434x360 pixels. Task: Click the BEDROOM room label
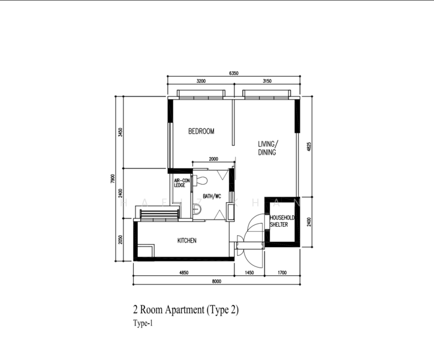201,131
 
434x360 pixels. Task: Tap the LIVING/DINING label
267,148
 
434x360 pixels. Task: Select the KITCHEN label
186,241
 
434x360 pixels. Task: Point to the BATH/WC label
212,196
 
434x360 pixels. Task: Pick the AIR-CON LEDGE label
181,183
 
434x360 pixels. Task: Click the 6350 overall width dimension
233,73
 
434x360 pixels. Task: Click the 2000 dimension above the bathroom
213,160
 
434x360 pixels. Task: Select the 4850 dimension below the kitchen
184,273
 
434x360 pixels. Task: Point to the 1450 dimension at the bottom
251,273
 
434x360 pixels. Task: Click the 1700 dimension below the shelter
282,273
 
